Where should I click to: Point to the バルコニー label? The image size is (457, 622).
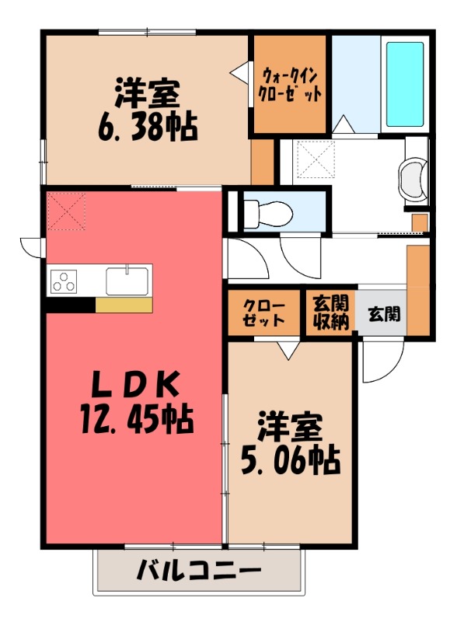click(x=199, y=571)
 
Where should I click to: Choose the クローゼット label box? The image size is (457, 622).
click(x=262, y=313)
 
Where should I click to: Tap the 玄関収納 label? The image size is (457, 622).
click(x=330, y=313)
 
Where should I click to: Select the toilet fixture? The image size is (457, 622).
click(x=264, y=211)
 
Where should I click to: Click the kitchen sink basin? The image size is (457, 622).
click(x=127, y=280)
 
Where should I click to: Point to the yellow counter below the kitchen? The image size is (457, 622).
click(x=123, y=305)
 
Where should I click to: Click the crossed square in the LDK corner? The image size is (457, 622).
click(x=65, y=211)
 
